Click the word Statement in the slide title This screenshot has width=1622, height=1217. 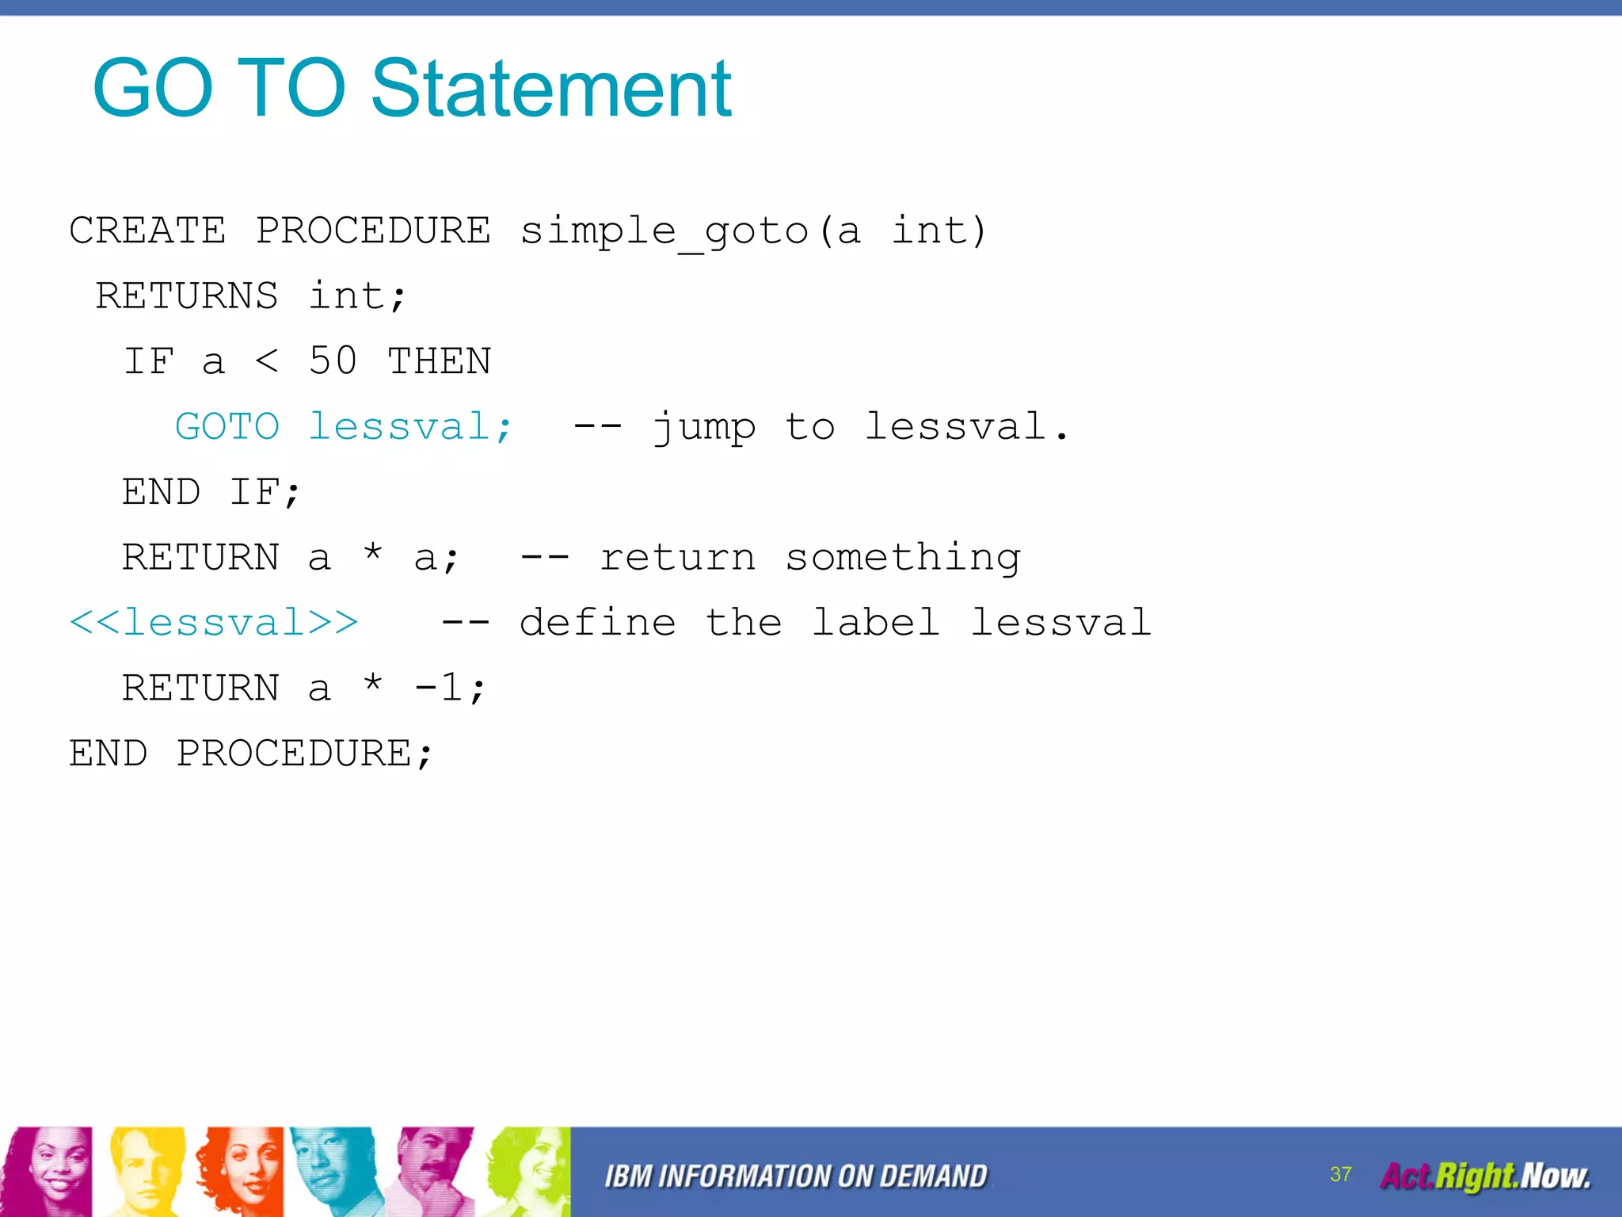(x=550, y=89)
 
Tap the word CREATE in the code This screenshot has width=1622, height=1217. (x=147, y=231)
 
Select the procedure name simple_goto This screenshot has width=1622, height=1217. (x=664, y=231)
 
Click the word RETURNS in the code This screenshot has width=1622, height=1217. (x=187, y=296)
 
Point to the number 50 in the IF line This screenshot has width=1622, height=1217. (x=333, y=361)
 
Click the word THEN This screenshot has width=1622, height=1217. (x=439, y=361)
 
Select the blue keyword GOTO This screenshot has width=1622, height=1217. (x=227, y=427)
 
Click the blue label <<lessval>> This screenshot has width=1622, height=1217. (x=214, y=623)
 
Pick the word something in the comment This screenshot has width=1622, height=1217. (x=903, y=558)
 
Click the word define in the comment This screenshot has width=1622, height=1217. (x=598, y=623)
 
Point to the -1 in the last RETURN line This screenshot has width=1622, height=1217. (x=439, y=688)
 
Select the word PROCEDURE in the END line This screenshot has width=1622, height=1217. (x=294, y=753)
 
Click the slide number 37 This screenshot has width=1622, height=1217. (x=1341, y=1174)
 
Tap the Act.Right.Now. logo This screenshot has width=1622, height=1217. (x=1485, y=1176)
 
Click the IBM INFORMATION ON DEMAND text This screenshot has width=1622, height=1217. (x=796, y=1177)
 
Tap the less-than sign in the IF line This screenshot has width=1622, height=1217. (x=267, y=361)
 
